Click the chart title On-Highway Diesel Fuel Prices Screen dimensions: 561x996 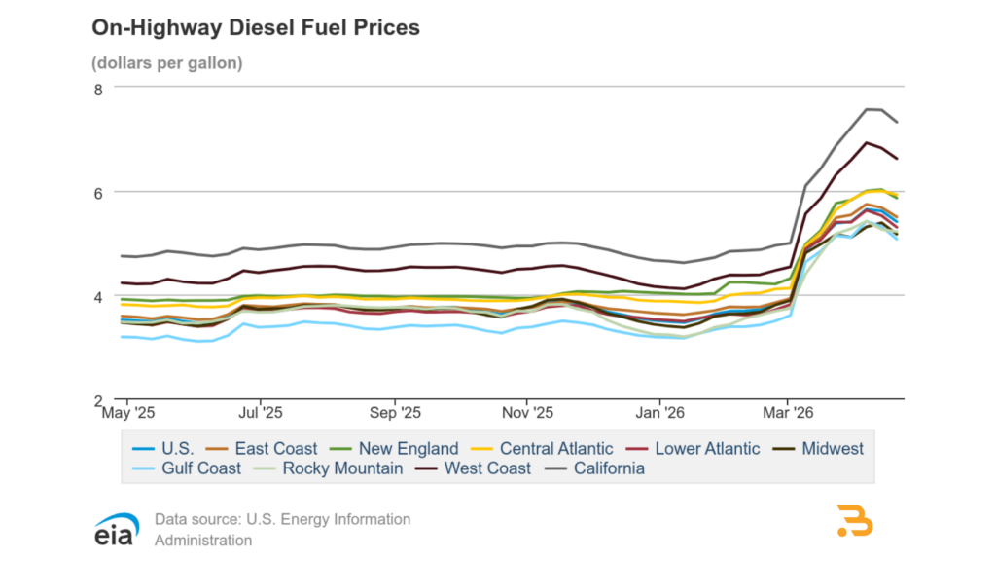pos(256,28)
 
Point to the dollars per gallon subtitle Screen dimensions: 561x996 pos(167,63)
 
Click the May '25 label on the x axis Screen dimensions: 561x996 pos(126,413)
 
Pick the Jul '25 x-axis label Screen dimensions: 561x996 pos(261,413)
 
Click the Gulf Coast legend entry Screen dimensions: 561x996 pos(190,468)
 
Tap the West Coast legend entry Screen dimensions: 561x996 pos(475,468)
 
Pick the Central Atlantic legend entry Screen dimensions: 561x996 pos(544,449)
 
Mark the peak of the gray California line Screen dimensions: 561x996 pos(869,109)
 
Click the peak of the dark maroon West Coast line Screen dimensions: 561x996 pos(867,143)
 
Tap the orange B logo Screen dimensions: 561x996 pos(855,521)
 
